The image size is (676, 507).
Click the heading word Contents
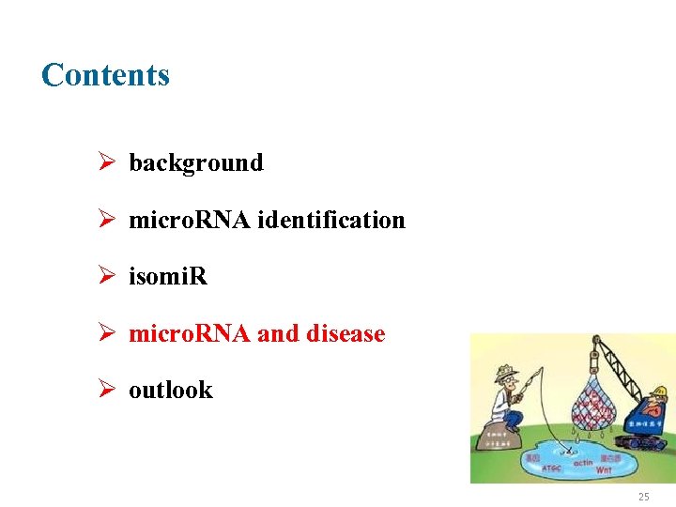pos(105,75)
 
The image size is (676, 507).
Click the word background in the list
pos(196,162)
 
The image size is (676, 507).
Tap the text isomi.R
pos(168,276)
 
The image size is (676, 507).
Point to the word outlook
pos(171,390)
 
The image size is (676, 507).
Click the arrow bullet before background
pos(106,162)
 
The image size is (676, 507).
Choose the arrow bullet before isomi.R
pos(106,276)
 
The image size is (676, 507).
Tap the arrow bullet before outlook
pos(106,390)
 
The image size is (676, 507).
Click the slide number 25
pos(643,497)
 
